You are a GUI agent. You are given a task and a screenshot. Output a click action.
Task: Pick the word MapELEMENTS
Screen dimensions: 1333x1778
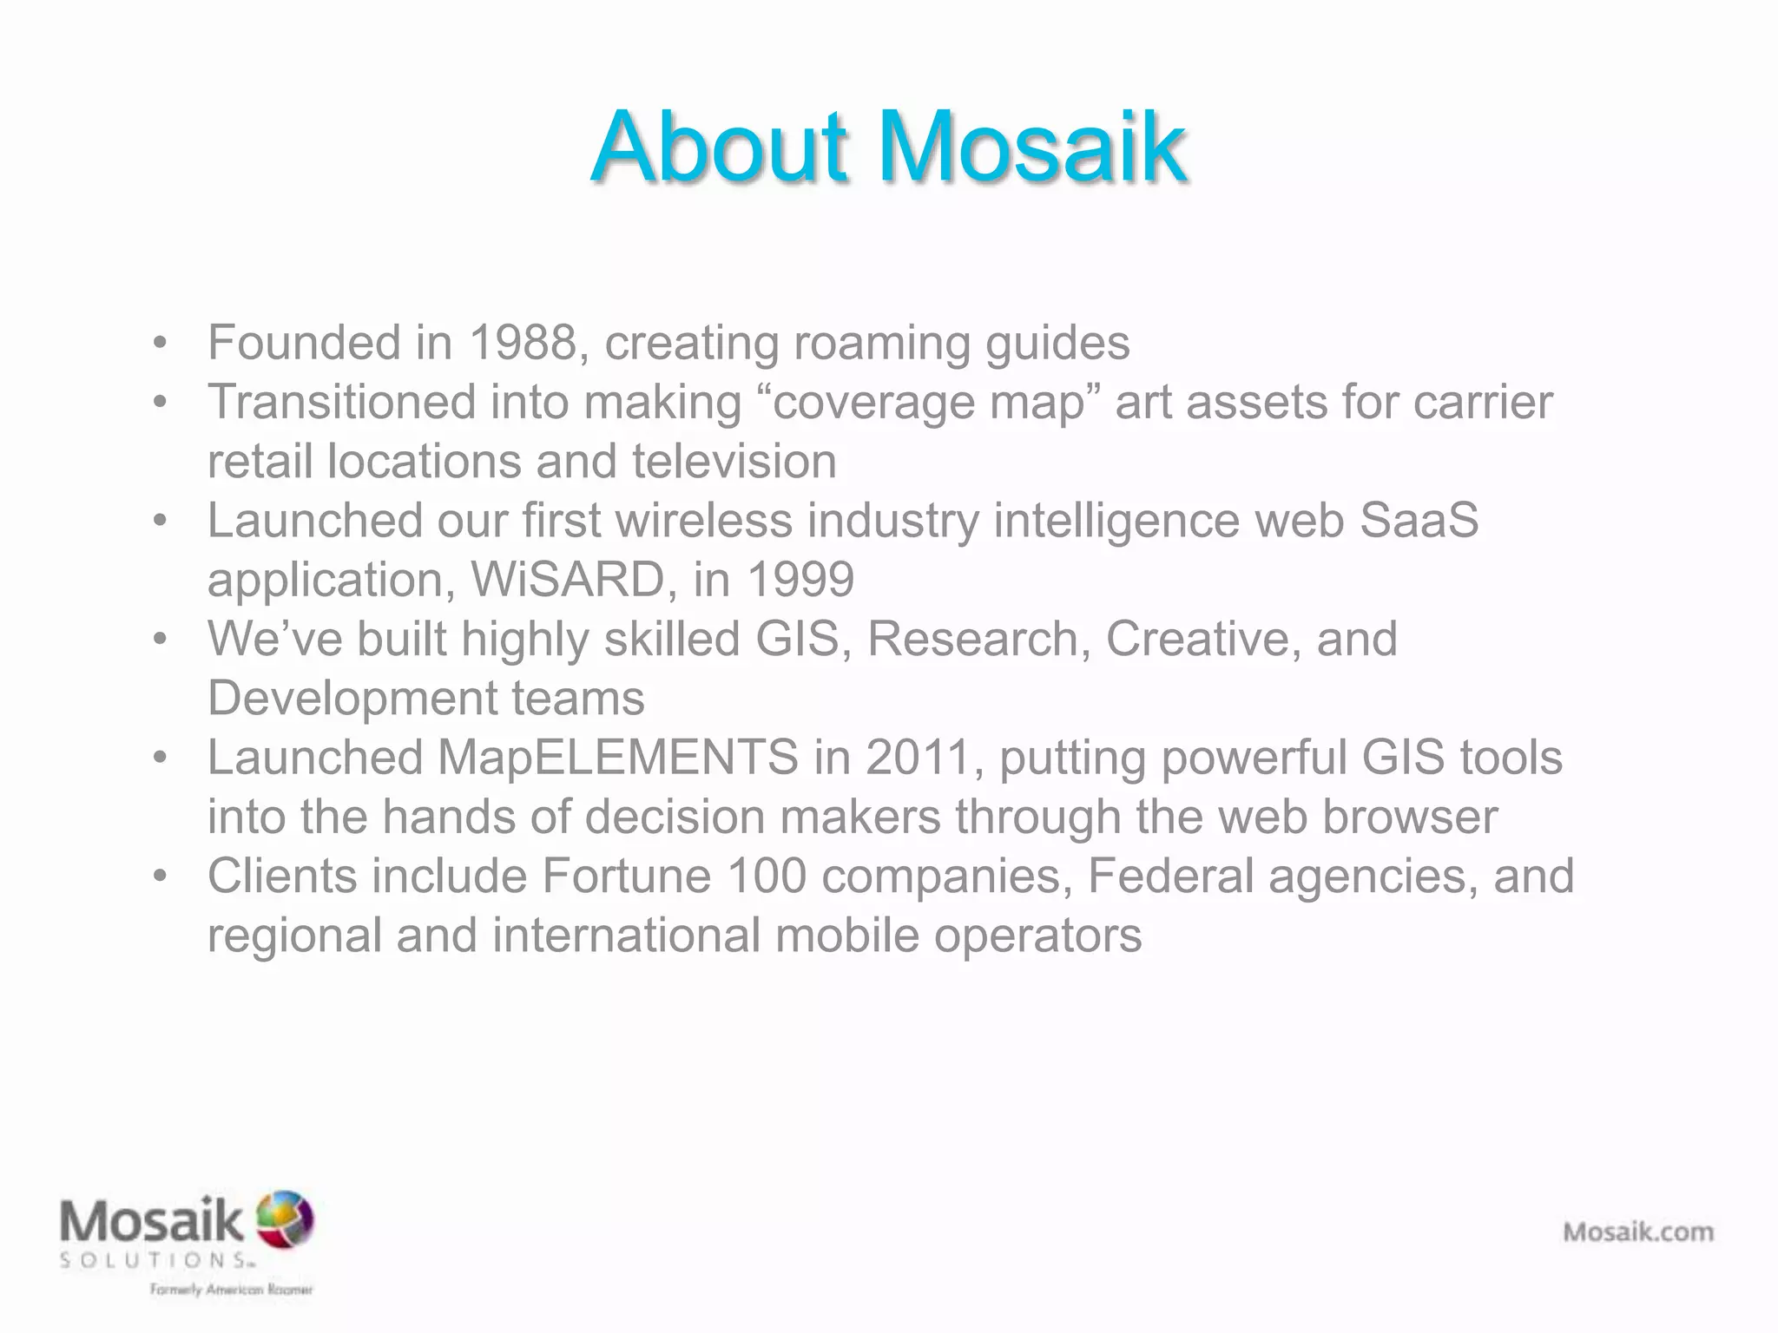pyautogui.click(x=617, y=758)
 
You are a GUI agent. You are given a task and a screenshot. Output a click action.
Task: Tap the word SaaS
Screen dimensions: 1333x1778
pyautogui.click(x=1419, y=521)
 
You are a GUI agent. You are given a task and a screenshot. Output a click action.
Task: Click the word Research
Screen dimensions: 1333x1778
pyautogui.click(x=978, y=640)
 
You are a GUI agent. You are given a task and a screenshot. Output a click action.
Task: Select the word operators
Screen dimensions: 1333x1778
pyautogui.click(x=1037, y=936)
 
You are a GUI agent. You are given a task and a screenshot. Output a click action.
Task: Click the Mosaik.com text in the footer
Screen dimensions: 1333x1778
pyautogui.click(x=1638, y=1231)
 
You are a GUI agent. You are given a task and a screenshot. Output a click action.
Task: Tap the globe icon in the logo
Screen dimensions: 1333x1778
pyautogui.click(x=285, y=1219)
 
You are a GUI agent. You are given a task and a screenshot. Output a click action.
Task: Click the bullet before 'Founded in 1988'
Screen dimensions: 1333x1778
pyautogui.click(x=159, y=343)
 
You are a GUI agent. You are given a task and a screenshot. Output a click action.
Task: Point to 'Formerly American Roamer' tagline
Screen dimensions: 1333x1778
pyautogui.click(x=231, y=1290)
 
